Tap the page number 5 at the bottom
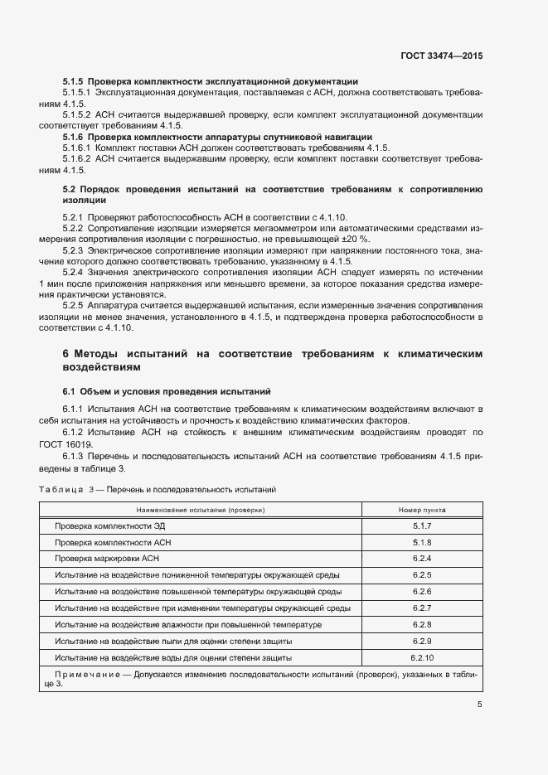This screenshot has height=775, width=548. pyautogui.click(x=479, y=705)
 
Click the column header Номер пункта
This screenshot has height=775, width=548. pyautogui.click(x=422, y=510)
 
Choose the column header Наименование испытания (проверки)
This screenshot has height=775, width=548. pyautogui.click(x=201, y=510)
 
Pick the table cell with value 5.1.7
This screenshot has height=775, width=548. pyautogui.click(x=422, y=527)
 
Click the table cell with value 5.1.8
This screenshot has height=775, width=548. pyautogui.click(x=422, y=542)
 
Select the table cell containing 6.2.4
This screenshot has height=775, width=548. pyautogui.click(x=422, y=558)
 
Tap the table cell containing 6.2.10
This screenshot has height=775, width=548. pyautogui.click(x=422, y=657)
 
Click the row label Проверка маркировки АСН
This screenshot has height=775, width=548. pyautogui.click(x=106, y=558)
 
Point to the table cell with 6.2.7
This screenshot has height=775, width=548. pyautogui.click(x=422, y=608)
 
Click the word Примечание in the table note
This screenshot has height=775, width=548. pyautogui.click(x=85, y=675)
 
